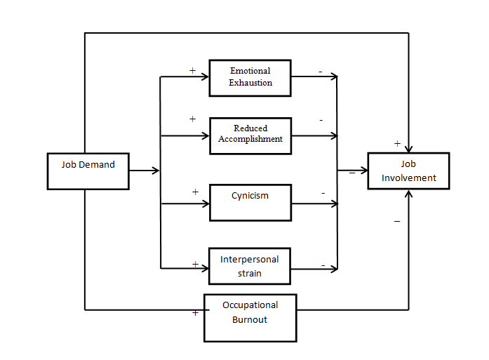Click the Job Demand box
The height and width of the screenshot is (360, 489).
point(88,171)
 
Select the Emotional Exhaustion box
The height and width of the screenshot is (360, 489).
point(250,77)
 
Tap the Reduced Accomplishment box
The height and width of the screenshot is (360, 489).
point(250,135)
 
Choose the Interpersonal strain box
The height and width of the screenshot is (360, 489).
point(249,266)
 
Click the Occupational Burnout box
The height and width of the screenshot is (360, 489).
point(250,318)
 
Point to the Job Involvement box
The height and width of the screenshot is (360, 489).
point(408,171)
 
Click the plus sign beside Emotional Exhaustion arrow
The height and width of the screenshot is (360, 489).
point(192,70)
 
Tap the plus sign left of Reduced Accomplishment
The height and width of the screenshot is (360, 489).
point(192,119)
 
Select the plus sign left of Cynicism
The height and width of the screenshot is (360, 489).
point(195,192)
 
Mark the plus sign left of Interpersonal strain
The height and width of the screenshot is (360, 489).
point(195,265)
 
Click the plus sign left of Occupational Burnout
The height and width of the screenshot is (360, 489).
point(195,313)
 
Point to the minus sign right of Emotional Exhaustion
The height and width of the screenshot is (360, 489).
point(320,72)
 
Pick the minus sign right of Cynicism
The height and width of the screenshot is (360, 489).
point(323,192)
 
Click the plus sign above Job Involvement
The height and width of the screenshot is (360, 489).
point(397,143)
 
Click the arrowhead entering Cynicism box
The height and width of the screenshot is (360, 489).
point(207,204)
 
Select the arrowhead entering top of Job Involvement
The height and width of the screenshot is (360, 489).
point(408,148)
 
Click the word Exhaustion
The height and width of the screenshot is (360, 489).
point(250,83)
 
